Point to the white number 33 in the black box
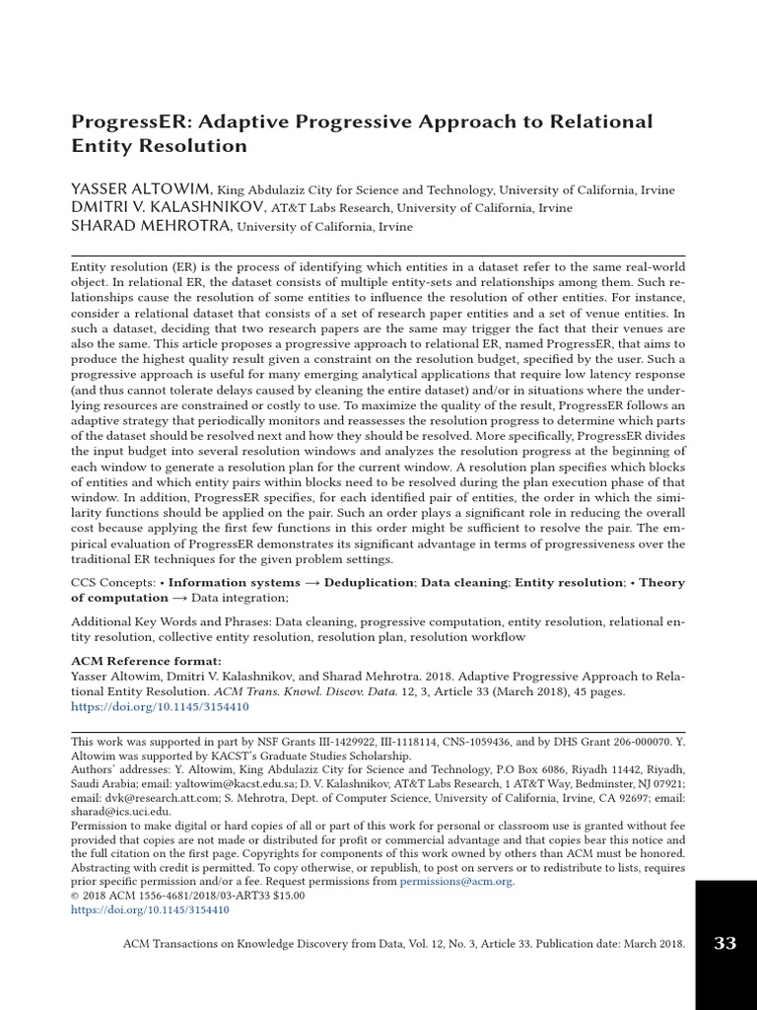(724, 943)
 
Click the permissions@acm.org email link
(456, 882)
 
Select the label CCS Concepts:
(112, 583)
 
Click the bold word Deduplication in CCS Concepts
(371, 583)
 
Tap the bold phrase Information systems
(241, 583)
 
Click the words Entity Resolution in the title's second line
(159, 146)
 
